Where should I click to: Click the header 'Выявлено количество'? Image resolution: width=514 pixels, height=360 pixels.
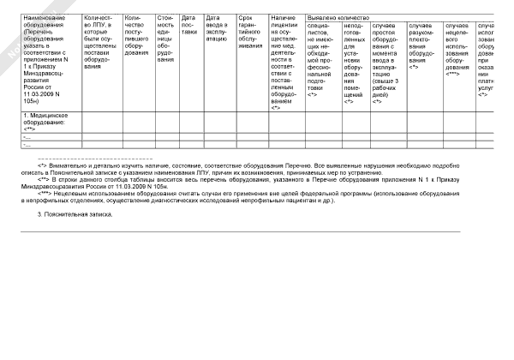click(342, 17)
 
